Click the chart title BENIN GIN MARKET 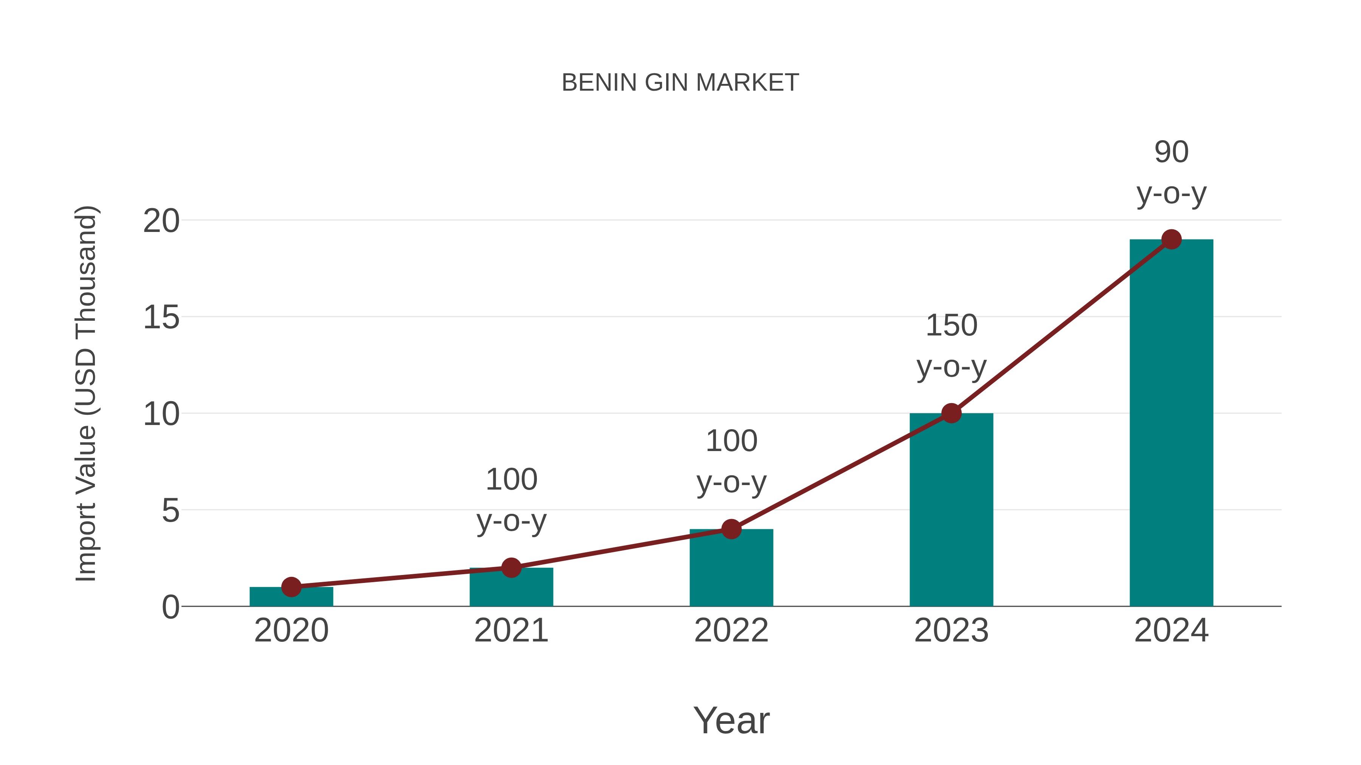(x=680, y=83)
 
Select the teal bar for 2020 (x=291, y=598)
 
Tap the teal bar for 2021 (x=511, y=589)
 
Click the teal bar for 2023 (x=951, y=512)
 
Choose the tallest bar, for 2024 (x=1171, y=422)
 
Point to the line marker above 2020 (x=291, y=587)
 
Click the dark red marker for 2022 (x=731, y=529)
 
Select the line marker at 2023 (x=951, y=413)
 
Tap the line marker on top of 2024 (x=1171, y=239)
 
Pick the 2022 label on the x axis (x=731, y=631)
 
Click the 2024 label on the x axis (x=1171, y=631)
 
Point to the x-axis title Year (x=731, y=720)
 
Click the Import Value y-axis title (x=85, y=393)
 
